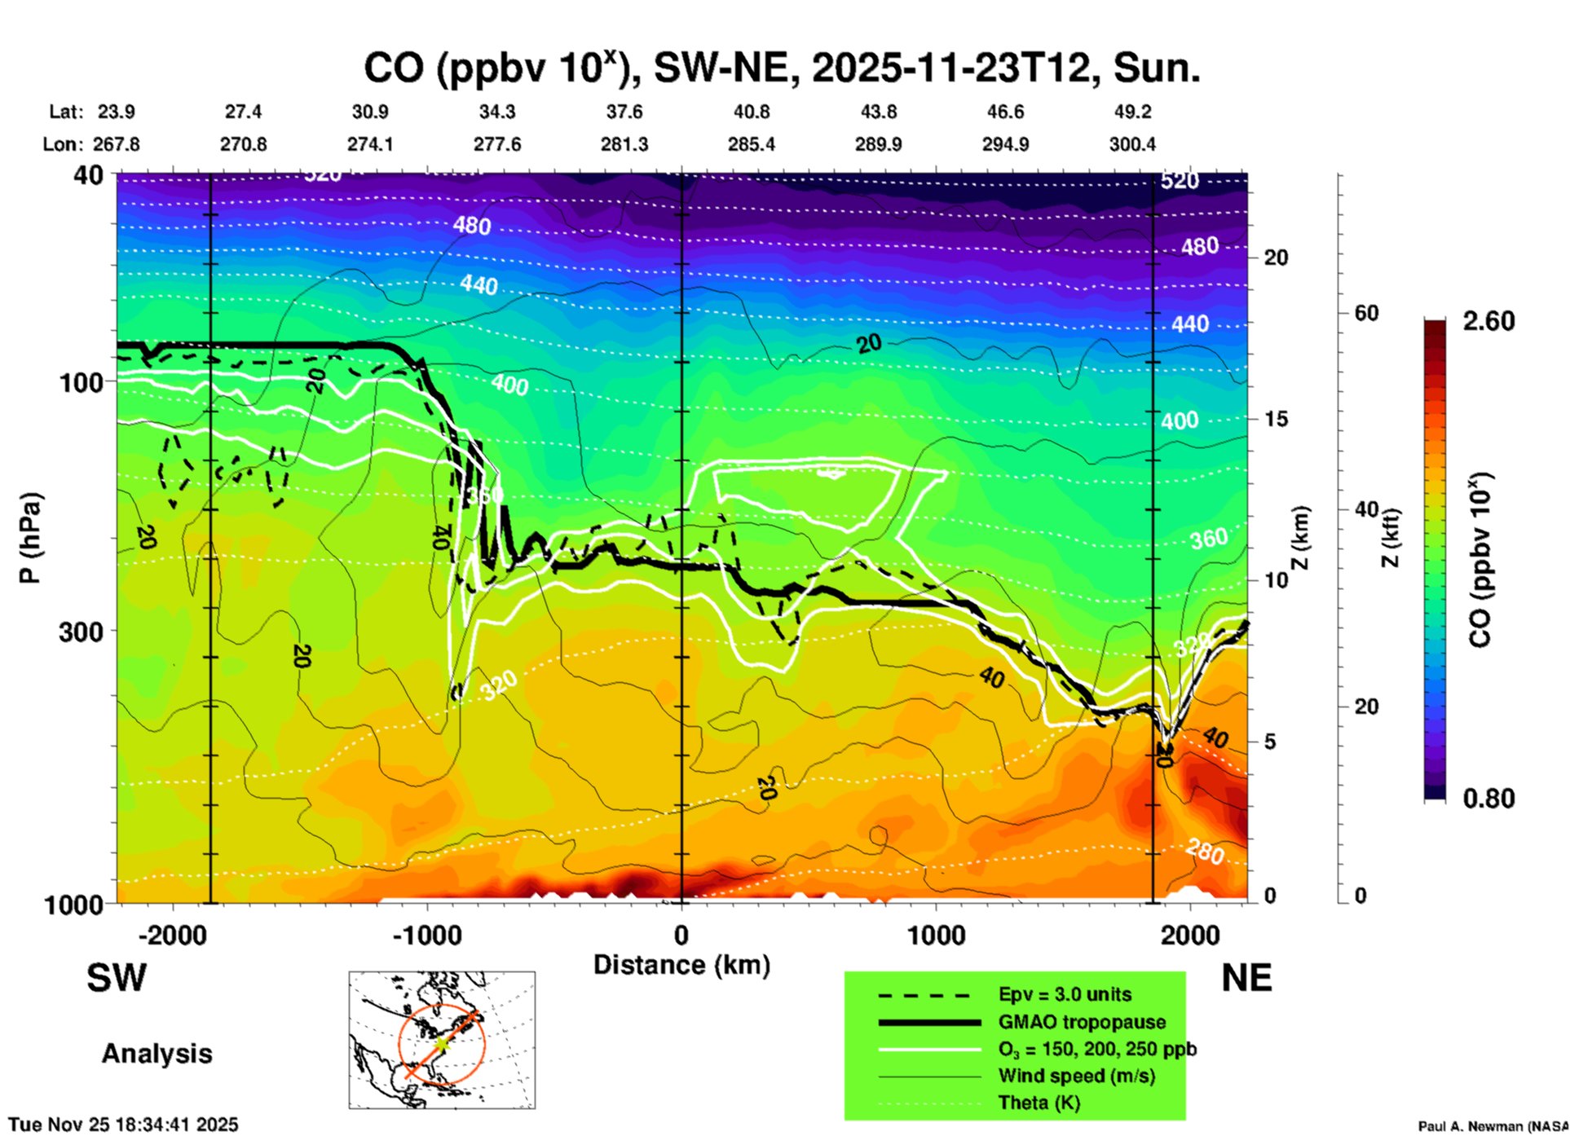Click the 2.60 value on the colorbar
(x=1488, y=321)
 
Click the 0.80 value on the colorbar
(x=1488, y=798)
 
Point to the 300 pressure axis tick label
(x=82, y=632)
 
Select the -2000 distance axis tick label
(x=172, y=936)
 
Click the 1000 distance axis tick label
(x=936, y=936)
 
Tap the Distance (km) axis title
(x=681, y=965)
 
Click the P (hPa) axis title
(x=30, y=538)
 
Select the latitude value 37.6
(x=624, y=112)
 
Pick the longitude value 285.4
(x=752, y=144)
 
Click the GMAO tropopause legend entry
(x=1082, y=1022)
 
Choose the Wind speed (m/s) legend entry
(x=1076, y=1076)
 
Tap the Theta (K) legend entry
(x=1039, y=1103)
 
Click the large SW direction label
(x=117, y=978)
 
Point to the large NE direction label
(x=1246, y=978)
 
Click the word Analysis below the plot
(x=157, y=1053)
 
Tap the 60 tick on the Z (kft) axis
(x=1366, y=313)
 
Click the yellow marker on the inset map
(x=441, y=1043)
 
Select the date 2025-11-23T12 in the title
(x=950, y=68)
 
